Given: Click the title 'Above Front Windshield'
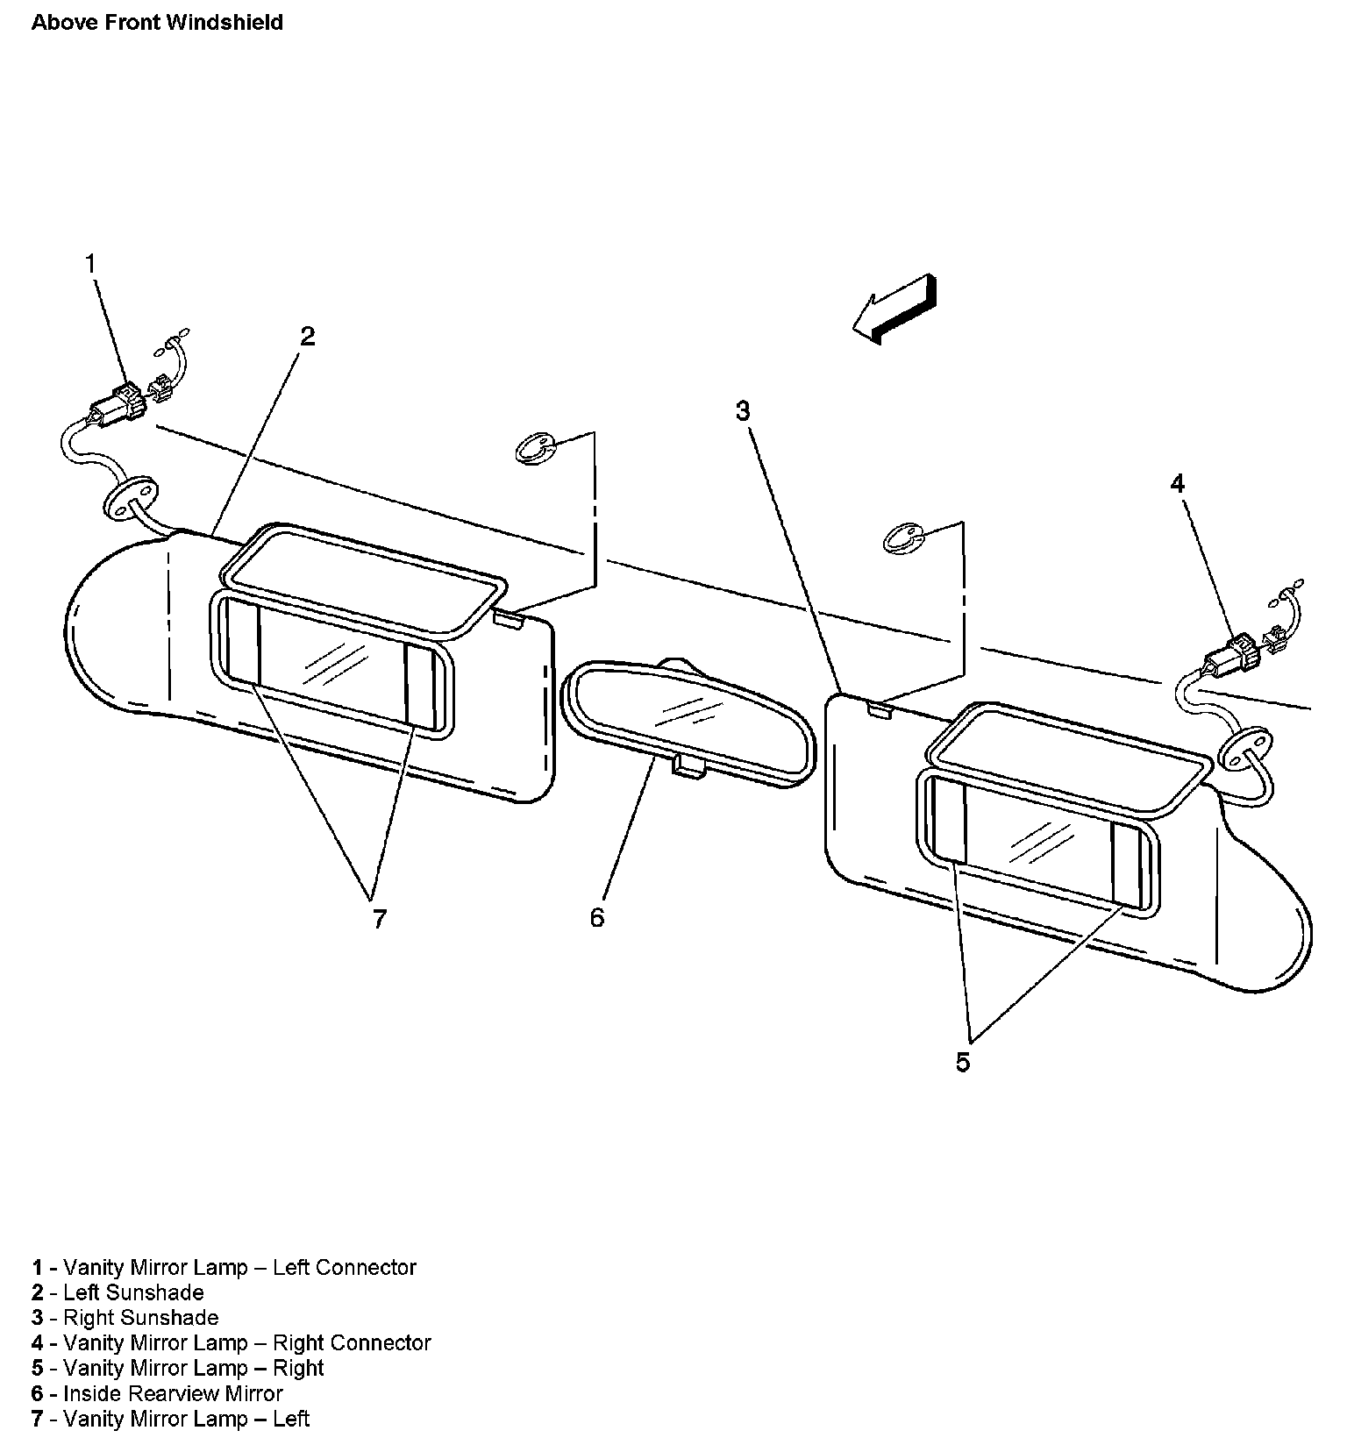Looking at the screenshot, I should (x=157, y=23).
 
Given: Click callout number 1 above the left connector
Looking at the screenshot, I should (x=91, y=263).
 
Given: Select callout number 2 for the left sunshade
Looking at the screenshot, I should (x=307, y=336).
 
